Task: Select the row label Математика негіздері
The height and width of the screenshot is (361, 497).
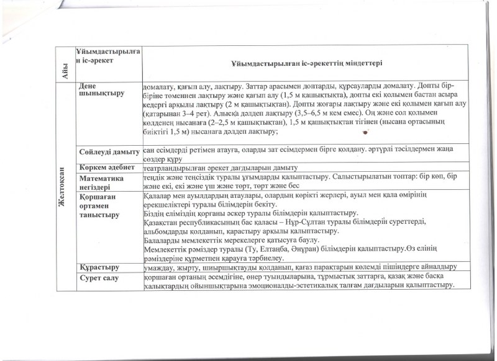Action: pos(102,181)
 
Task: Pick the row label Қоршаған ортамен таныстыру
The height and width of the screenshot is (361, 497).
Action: pos(100,205)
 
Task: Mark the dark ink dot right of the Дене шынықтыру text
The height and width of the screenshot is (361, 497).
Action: pos(365,131)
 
